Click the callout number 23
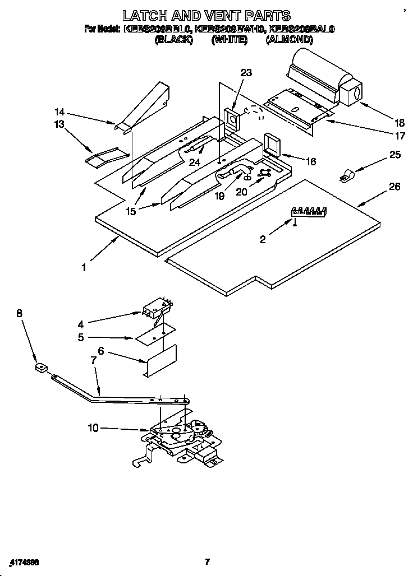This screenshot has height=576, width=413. pyautogui.click(x=246, y=73)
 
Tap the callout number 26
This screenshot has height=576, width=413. pyautogui.click(x=394, y=187)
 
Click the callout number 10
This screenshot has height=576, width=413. pyautogui.click(x=93, y=428)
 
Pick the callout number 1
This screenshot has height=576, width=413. pyautogui.click(x=84, y=268)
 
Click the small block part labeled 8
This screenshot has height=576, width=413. pyautogui.click(x=39, y=368)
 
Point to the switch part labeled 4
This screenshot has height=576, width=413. pyautogui.click(x=157, y=308)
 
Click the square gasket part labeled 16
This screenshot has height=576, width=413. pyautogui.click(x=273, y=143)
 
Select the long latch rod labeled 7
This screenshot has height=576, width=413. pyautogui.click(x=118, y=396)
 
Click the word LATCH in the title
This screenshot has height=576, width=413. pyautogui.click(x=149, y=15)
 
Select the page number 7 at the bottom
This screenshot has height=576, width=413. pyautogui.click(x=207, y=561)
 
